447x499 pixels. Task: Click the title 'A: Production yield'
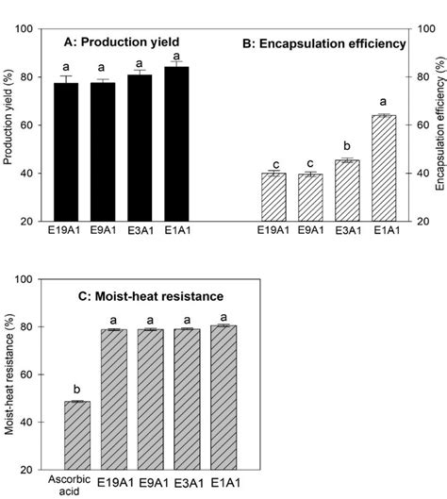(121, 42)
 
